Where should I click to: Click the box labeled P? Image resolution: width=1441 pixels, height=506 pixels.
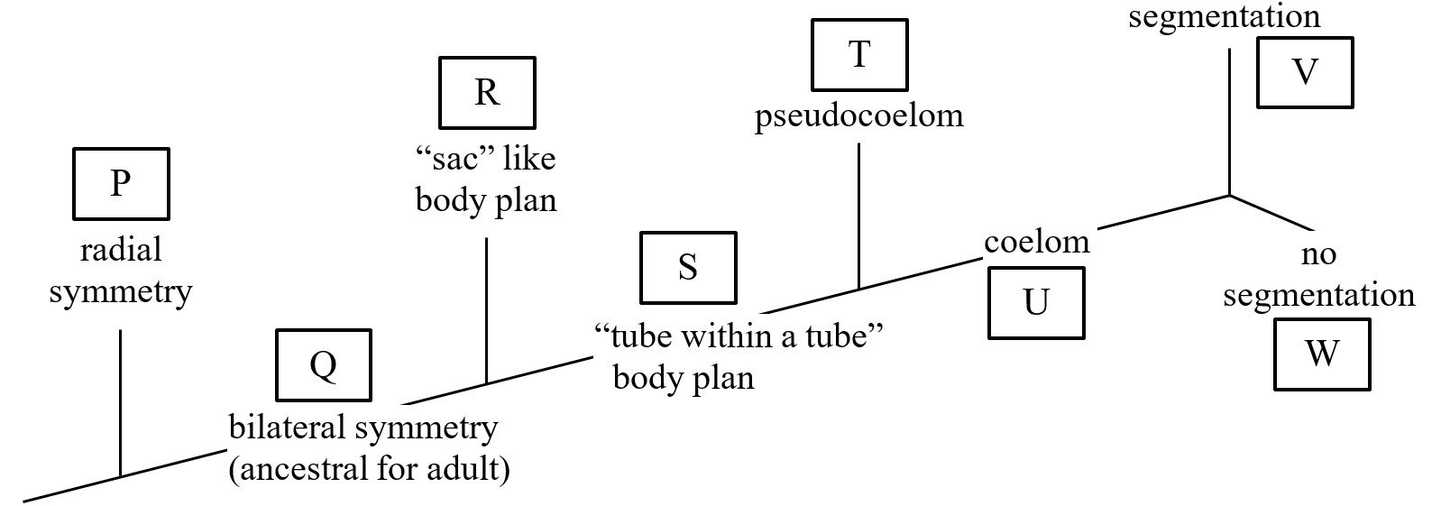[x=121, y=184]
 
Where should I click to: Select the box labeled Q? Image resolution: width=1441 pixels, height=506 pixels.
[x=324, y=364]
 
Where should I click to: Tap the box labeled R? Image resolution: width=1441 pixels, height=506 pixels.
[x=487, y=92]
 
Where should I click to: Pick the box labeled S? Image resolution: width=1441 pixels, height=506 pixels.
[x=687, y=267]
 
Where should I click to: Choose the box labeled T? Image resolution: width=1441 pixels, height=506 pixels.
[x=859, y=54]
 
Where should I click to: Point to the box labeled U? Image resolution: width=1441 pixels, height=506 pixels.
[x=1036, y=302]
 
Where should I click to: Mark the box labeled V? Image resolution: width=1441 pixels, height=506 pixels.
[x=1305, y=72]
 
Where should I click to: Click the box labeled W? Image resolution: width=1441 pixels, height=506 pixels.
[x=1321, y=354]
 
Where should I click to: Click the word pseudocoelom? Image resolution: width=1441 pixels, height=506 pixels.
[x=858, y=115]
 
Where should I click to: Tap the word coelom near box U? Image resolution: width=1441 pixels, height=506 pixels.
[x=1036, y=242]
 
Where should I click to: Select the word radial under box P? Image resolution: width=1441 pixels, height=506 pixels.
[x=121, y=250]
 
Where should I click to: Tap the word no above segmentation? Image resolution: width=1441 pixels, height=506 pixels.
[x=1318, y=254]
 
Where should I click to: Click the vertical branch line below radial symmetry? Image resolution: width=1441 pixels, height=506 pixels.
[x=120, y=401]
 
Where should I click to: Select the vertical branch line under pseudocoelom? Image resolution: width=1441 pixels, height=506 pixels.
[x=858, y=216]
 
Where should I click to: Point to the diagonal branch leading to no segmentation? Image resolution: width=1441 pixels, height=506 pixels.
[x=1271, y=212]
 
